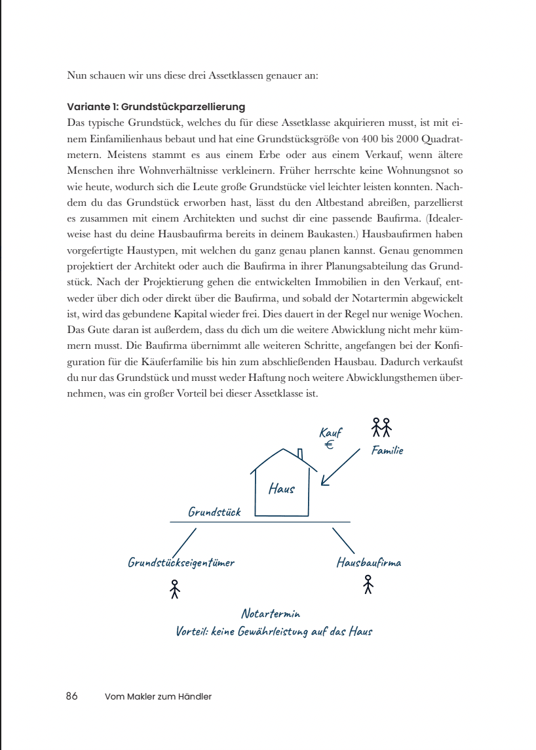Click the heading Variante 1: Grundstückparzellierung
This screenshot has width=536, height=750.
[156, 106]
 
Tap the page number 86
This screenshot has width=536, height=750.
[72, 696]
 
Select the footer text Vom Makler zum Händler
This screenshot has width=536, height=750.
[158, 697]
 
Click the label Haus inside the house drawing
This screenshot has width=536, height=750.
[282, 488]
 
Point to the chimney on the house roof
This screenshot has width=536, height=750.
[300, 454]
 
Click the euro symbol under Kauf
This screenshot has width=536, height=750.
[330, 445]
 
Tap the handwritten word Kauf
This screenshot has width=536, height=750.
[330, 433]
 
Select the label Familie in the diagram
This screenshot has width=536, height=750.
[387, 450]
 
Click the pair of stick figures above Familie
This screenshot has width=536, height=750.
[381, 427]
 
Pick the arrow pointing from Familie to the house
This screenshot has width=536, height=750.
[341, 467]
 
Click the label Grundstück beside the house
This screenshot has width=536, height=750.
[214, 512]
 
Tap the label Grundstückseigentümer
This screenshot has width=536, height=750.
[181, 562]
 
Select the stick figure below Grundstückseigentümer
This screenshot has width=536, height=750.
[174, 589]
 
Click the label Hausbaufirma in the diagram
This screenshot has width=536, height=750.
[369, 562]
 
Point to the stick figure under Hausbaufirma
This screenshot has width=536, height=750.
[368, 584]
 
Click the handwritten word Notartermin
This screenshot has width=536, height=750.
[271, 614]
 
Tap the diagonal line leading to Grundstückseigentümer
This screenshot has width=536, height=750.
[184, 541]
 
